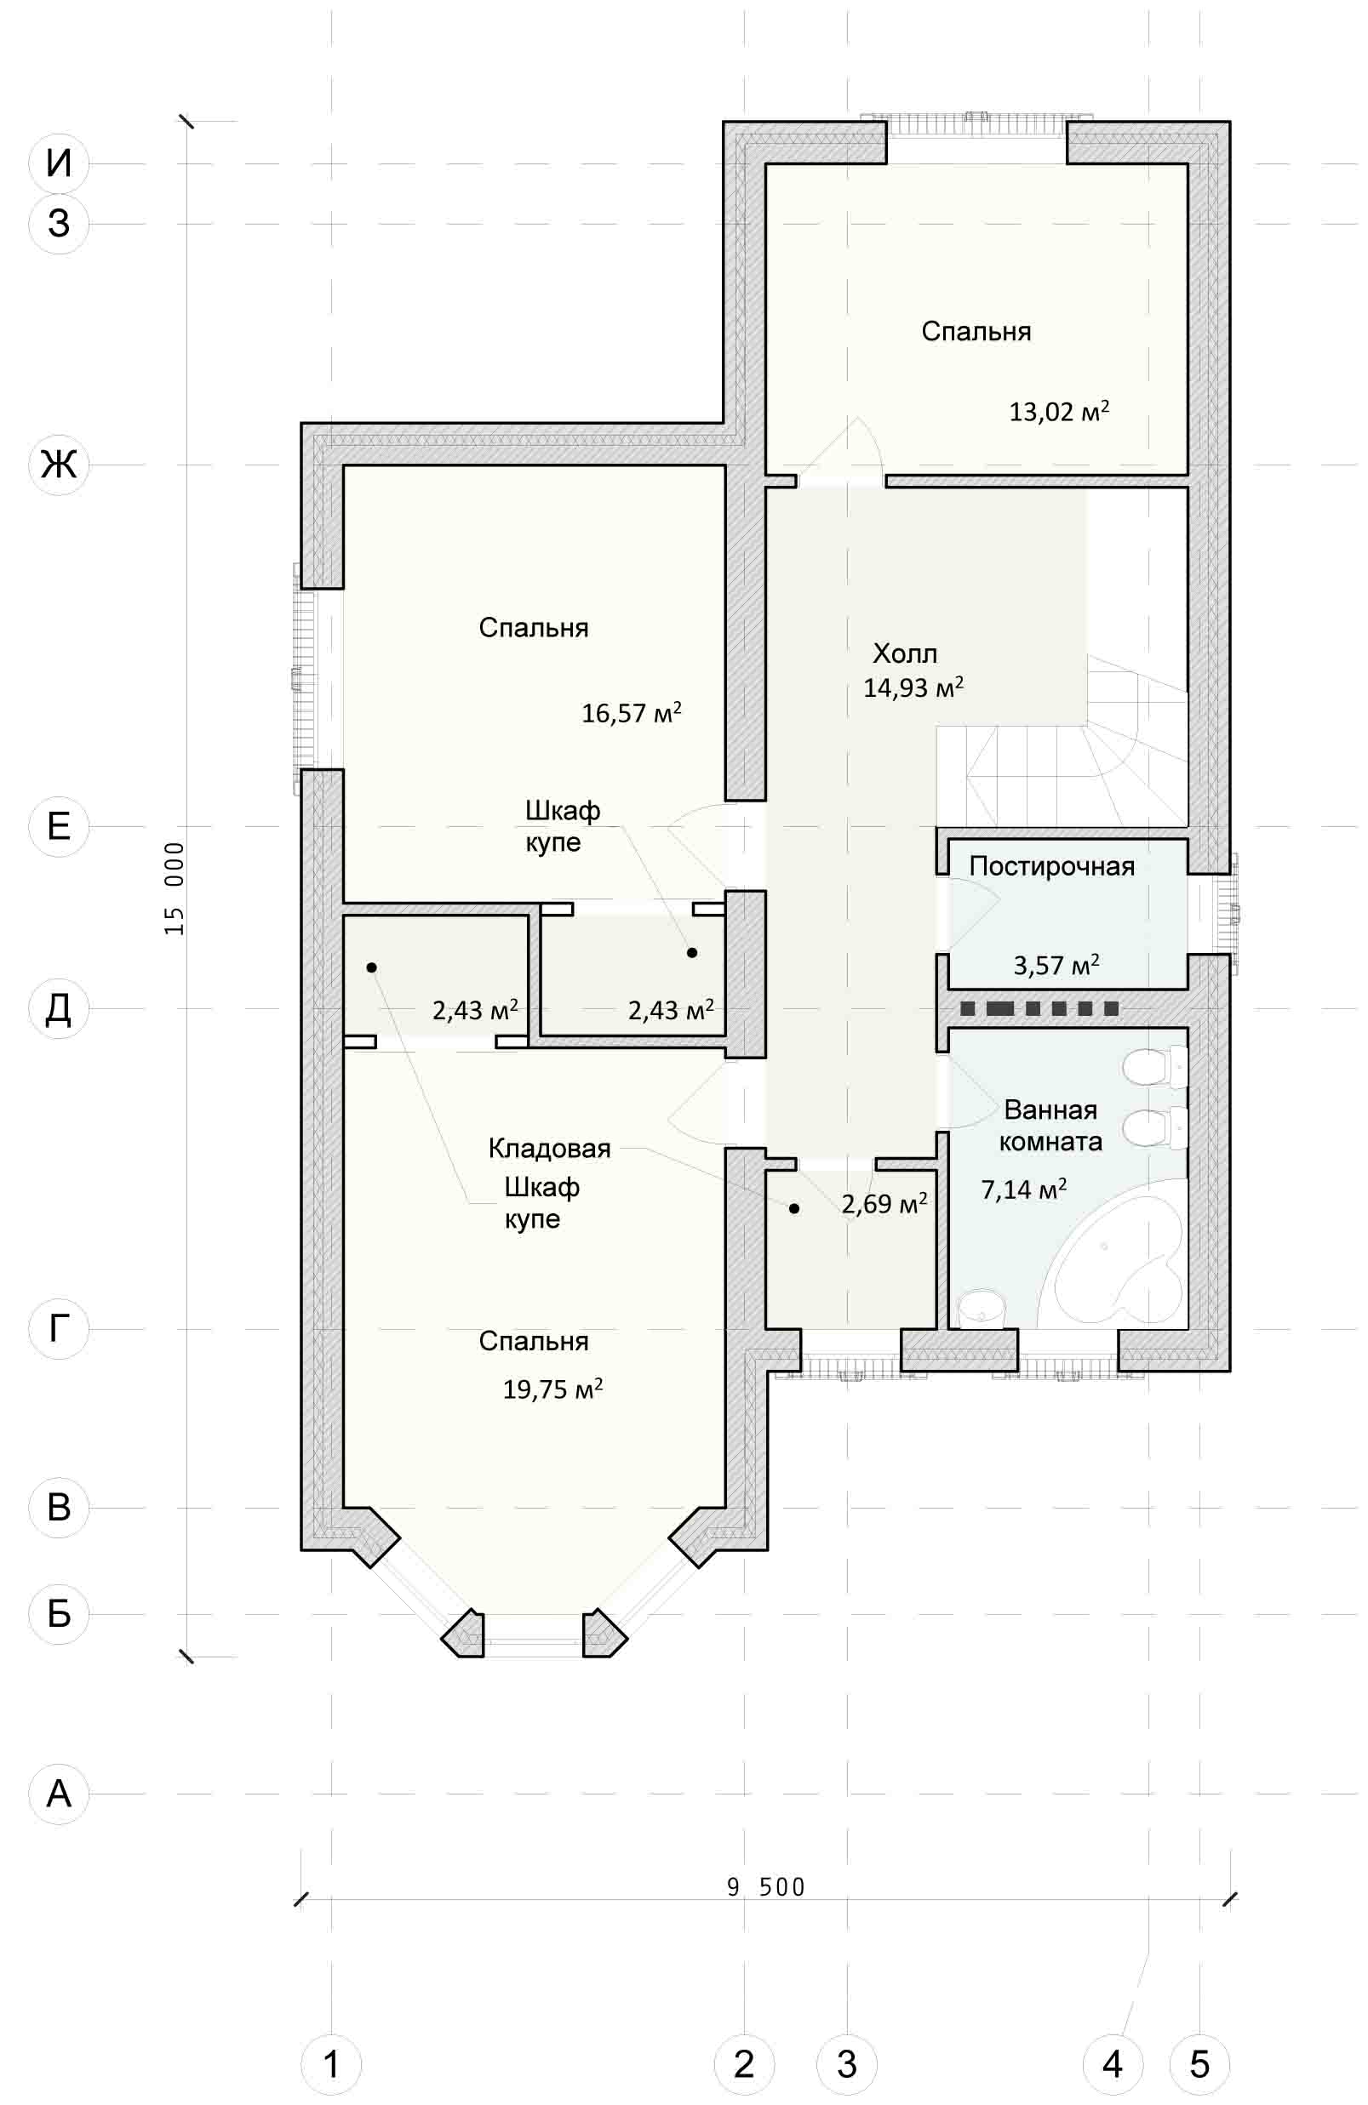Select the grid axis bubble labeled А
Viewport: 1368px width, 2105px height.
(59, 1794)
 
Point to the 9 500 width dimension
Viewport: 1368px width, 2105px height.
(765, 1888)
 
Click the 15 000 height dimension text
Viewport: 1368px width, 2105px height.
(175, 888)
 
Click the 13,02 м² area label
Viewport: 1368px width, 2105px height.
(1059, 411)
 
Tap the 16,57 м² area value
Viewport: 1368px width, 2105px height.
(631, 713)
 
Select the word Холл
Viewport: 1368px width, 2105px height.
(904, 653)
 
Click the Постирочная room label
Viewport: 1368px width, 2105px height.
(1051, 866)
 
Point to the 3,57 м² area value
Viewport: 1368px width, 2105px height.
(1056, 965)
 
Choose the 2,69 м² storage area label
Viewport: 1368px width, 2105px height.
(884, 1203)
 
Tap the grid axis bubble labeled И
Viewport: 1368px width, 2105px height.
(59, 163)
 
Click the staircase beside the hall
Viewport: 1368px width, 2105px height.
(1062, 743)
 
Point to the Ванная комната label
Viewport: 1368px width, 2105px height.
(1050, 1126)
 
